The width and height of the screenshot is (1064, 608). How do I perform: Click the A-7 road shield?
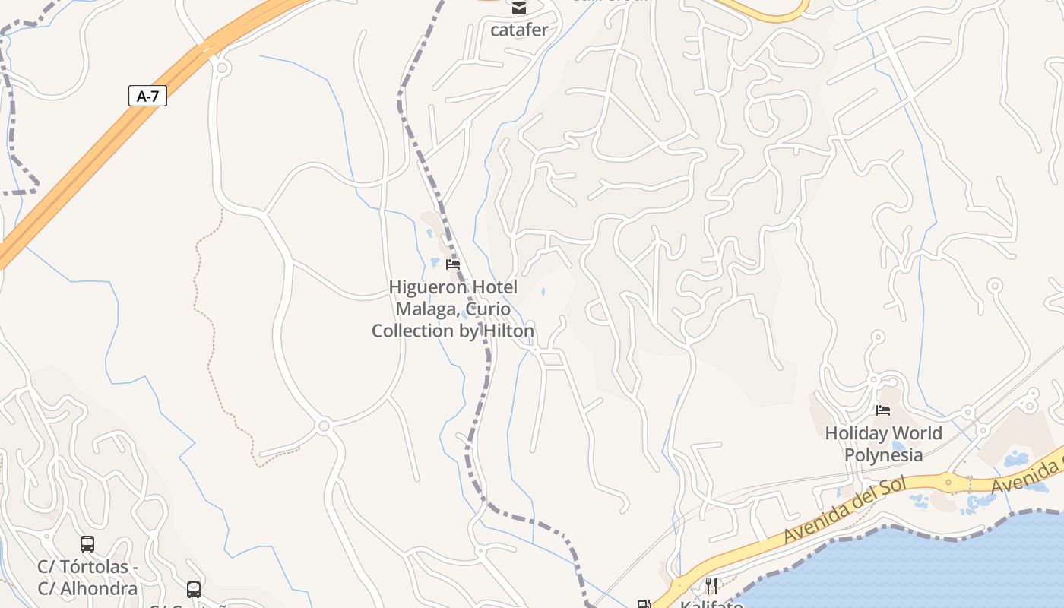[x=147, y=97]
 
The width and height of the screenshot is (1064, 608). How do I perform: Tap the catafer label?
[x=519, y=30]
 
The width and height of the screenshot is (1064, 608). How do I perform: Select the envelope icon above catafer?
[x=519, y=8]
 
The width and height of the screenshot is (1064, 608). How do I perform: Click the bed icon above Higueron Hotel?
[x=453, y=264]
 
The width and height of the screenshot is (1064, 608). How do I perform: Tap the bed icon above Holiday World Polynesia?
[x=882, y=410]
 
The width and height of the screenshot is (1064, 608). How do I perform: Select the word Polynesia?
[x=884, y=455]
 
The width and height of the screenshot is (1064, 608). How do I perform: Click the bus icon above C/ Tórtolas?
[x=87, y=544]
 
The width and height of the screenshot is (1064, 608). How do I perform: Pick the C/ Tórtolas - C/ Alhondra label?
[x=87, y=578]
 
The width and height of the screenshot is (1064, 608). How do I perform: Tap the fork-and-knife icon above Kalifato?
[x=711, y=585]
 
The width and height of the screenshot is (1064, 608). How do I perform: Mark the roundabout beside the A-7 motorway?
[x=222, y=68]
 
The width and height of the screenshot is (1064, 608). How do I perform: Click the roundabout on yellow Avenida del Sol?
[x=948, y=482]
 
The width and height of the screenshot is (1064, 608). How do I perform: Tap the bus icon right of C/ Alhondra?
[x=194, y=589]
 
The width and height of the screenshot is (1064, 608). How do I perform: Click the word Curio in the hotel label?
[x=488, y=309]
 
